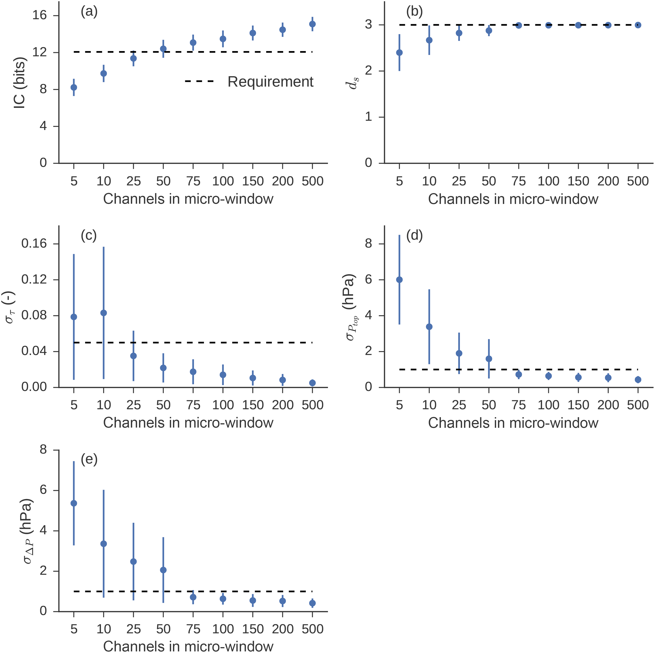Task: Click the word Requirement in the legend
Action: click(x=270, y=82)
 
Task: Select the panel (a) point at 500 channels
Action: click(x=312, y=24)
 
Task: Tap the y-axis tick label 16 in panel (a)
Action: click(x=40, y=16)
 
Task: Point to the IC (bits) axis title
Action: click(x=20, y=83)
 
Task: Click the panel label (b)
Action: click(x=414, y=12)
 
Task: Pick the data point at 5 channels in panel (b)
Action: click(x=399, y=52)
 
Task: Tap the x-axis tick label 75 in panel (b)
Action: click(x=518, y=181)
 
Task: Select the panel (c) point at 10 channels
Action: click(x=104, y=313)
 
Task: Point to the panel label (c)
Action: click(x=89, y=235)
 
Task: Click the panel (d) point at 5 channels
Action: click(x=399, y=280)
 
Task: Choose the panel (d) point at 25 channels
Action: click(x=459, y=353)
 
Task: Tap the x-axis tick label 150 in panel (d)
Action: click(x=578, y=405)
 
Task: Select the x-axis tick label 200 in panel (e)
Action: click(x=282, y=629)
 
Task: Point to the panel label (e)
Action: click(x=89, y=460)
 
